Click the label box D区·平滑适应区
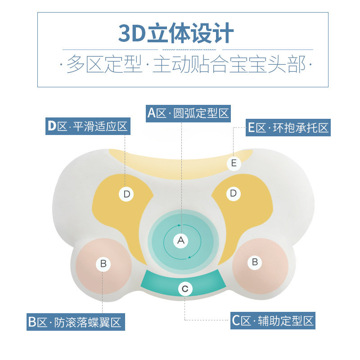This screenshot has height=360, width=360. coord(88,126)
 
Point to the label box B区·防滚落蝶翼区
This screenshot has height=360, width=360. coord(75,322)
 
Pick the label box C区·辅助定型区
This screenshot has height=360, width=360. coord(273,321)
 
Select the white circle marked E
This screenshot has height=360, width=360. coord(234,163)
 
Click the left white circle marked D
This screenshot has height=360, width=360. coord(126,194)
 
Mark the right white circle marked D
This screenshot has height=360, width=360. coord(233,193)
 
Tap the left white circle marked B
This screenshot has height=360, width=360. coord(103,264)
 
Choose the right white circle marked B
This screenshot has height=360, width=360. coord(255,261)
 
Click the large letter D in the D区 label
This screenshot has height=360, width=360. coord(52,126)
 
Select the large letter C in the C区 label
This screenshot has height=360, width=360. coord(237,321)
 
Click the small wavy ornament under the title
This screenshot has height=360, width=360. coord(188,49)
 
